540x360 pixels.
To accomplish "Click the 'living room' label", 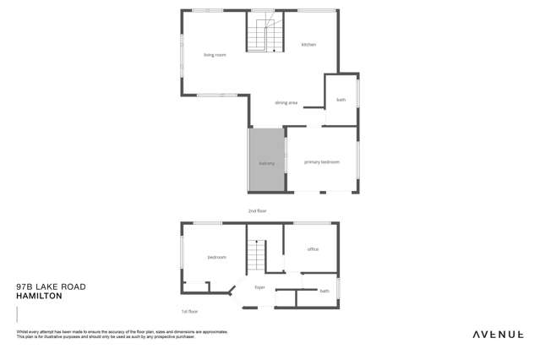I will point(215,55).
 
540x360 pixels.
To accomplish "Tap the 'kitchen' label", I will point(308,44).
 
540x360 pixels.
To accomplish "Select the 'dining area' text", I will point(286,103).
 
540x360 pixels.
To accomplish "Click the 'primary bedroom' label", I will point(322,161).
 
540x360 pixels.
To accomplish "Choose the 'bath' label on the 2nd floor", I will point(341,100).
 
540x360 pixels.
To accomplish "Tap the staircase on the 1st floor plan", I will point(256,256).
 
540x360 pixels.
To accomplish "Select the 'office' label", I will point(313,249).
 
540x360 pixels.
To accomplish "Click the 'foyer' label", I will point(260,287).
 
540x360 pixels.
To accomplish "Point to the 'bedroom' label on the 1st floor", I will point(217,257).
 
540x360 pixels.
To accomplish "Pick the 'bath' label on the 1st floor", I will point(325,291).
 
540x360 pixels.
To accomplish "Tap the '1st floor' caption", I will point(188,311).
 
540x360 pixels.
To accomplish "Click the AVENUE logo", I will point(497,335).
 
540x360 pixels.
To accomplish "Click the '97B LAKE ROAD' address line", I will point(51,286).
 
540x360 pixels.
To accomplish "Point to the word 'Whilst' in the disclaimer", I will point(22,332).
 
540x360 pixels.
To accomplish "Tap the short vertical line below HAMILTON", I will point(17,314).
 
